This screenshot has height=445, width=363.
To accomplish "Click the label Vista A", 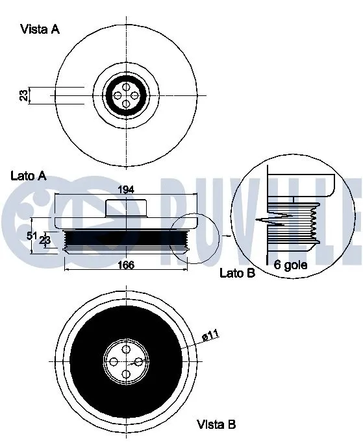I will click(x=40, y=29).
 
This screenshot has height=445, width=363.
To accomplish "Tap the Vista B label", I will click(x=216, y=425).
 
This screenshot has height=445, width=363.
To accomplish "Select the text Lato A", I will click(x=29, y=176).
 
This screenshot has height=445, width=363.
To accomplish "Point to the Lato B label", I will click(x=237, y=273).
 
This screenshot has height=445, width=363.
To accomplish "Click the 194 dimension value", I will click(x=126, y=189).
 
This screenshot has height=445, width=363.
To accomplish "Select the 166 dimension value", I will click(x=126, y=265).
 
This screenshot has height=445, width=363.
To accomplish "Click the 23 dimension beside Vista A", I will click(x=23, y=95).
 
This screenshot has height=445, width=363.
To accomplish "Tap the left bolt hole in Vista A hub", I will click(x=118, y=95).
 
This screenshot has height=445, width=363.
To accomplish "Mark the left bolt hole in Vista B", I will click(x=115, y=361).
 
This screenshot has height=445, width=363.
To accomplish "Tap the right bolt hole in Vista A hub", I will click(x=134, y=95).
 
